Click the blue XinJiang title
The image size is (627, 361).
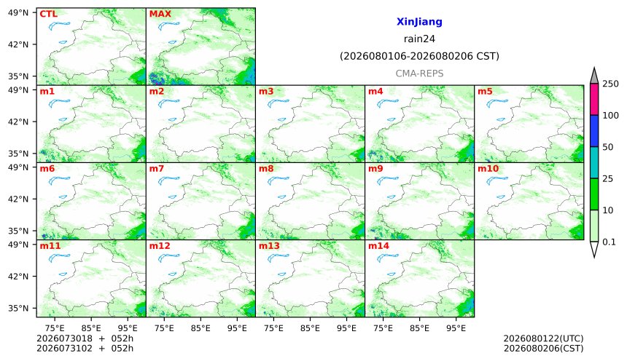point(419,22)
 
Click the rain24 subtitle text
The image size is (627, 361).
point(419,39)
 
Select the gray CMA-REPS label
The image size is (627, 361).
point(419,74)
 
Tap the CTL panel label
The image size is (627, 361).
point(48,14)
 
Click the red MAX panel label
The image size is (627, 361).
point(160,14)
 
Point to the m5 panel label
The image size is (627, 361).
point(485,92)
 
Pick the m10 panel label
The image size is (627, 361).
point(488,169)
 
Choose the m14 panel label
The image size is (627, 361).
point(378,245)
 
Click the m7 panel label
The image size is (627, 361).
point(156,169)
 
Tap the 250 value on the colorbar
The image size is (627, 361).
point(611,84)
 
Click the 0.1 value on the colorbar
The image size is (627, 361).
point(609,242)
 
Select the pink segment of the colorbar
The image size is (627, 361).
point(594,100)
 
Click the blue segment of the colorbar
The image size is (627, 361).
point(594,131)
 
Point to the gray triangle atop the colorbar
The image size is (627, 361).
point(594,76)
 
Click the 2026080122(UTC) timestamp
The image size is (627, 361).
point(543,338)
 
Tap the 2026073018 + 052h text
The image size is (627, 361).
point(85,338)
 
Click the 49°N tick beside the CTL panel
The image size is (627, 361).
point(18,13)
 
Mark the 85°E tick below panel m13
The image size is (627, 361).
point(310,328)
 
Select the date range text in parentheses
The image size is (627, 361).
point(419,56)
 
